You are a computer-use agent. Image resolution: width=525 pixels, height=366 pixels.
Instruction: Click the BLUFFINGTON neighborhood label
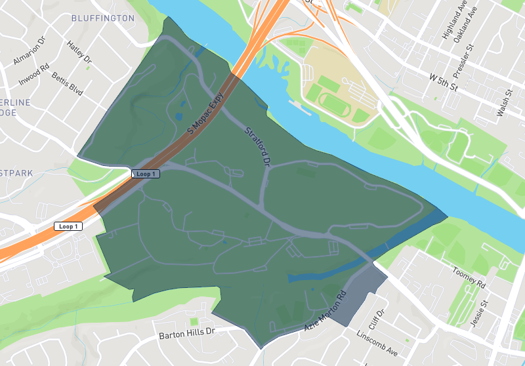102,18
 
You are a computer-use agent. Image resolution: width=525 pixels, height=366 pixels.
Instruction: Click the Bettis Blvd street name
68,84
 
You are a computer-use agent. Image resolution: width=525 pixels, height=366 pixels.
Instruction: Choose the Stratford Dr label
258,144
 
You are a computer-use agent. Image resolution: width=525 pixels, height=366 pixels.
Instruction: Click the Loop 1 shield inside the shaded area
145,174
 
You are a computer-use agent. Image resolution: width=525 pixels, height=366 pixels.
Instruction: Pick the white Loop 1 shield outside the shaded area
68,226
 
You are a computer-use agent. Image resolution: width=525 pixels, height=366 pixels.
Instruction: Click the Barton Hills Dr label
187,333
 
